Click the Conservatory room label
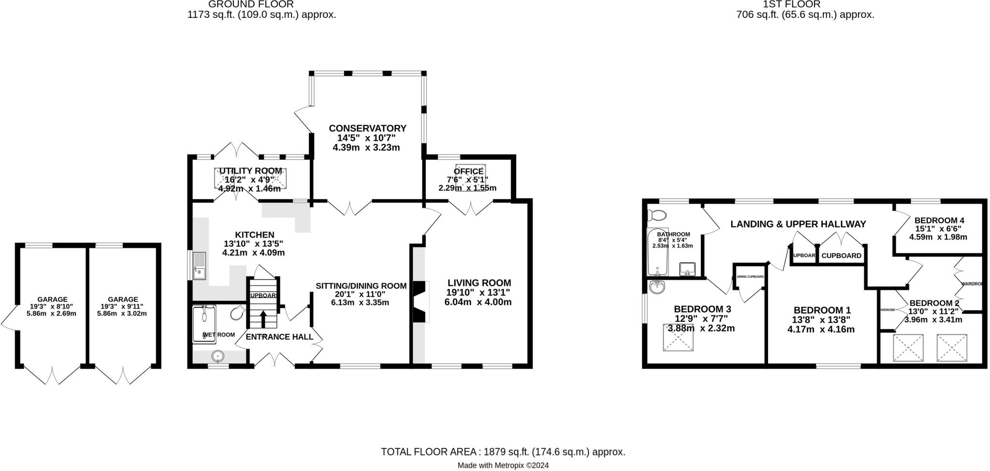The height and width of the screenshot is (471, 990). click(367, 128)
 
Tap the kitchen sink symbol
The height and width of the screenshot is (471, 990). click(199, 266)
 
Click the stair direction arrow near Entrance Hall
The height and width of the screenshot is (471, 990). click(263, 319)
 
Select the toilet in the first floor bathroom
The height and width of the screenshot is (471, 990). click(657, 214)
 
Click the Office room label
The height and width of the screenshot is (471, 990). click(468, 171)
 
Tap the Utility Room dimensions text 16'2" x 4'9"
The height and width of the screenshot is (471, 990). click(249, 180)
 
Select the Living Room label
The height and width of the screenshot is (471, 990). click(479, 283)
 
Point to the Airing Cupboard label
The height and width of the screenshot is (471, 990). click(750, 277)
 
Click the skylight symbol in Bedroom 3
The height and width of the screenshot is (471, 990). click(678, 337)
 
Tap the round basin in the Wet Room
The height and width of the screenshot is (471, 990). click(218, 357)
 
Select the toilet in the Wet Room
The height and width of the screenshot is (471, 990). click(238, 313)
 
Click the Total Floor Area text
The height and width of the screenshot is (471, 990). click(503, 452)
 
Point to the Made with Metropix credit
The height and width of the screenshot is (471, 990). click(503, 466)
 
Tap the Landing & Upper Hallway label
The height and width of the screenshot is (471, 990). click(798, 224)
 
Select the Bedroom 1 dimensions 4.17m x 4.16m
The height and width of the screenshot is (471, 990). click(821, 329)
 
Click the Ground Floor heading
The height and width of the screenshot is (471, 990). click(251, 4)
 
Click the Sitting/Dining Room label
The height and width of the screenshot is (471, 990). click(361, 286)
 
